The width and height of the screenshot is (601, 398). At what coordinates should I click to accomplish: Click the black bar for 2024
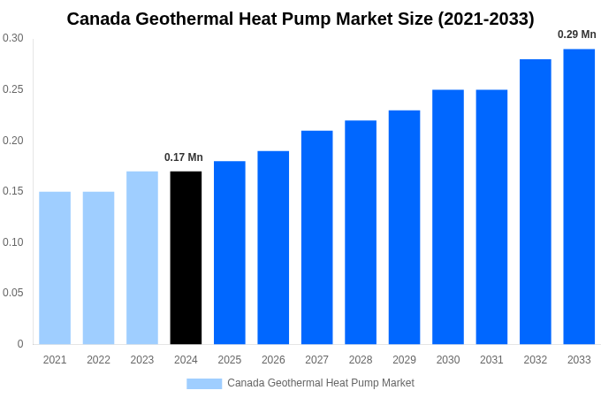coord(186,257)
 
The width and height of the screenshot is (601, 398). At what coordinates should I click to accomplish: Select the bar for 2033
coord(579,196)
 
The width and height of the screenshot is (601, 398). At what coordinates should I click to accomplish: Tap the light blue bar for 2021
coord(55,268)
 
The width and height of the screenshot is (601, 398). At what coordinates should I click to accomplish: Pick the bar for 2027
coord(316,237)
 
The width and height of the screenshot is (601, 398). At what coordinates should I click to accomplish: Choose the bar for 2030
coord(448,217)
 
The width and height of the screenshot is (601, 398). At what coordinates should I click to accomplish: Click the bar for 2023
coord(142,257)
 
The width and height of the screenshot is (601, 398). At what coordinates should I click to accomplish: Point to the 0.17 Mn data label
coord(184,157)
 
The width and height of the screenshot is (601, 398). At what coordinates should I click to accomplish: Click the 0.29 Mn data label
coord(576,34)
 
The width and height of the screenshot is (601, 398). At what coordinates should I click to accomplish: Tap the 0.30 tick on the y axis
coord(13,38)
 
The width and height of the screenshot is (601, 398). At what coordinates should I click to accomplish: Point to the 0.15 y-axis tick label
coord(13,191)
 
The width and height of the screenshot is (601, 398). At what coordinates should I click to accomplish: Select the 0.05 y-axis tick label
coord(13,293)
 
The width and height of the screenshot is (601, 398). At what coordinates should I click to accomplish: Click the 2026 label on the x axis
coord(273,360)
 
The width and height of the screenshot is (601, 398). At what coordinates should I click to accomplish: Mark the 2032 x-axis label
coord(535,360)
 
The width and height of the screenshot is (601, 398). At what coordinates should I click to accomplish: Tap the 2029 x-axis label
coord(404,360)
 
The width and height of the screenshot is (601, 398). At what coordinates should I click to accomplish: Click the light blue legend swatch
coord(204,383)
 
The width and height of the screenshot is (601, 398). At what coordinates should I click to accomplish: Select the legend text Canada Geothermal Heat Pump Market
coord(321,383)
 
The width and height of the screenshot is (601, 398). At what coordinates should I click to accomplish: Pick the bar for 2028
coord(361,232)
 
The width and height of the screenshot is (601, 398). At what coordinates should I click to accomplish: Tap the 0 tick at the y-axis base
coord(20,344)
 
